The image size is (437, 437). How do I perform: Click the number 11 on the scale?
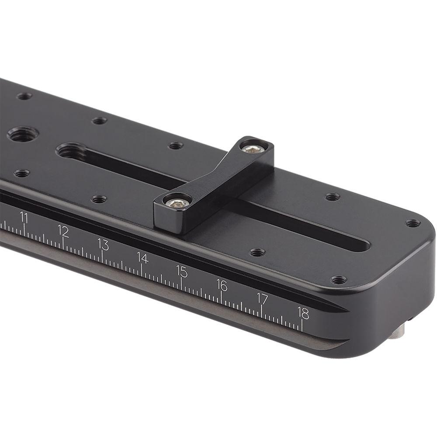(24, 217)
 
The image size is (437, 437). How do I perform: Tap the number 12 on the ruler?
(63, 230)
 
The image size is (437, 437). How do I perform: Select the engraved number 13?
(103, 244)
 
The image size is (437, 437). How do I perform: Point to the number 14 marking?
(142, 257)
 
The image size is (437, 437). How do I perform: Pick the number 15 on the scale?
(182, 271)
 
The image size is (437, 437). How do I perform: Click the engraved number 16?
(222, 285)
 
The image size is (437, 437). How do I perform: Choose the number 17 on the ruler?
(262, 298)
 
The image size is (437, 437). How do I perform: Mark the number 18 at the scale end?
(303, 312)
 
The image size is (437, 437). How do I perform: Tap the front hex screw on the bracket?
(178, 202)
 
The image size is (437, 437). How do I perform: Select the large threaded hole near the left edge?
(23, 134)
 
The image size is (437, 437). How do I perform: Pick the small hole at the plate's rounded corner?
(412, 223)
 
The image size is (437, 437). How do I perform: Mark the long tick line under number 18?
(302, 325)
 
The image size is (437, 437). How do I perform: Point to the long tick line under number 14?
(141, 270)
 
